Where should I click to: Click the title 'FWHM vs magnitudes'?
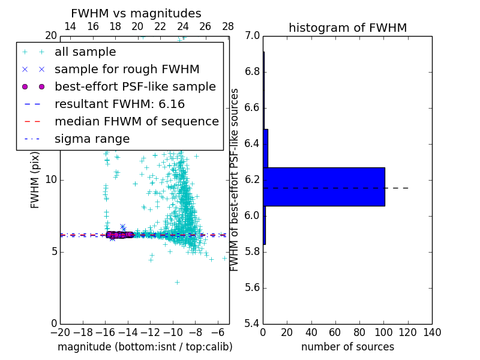[x=136, y=13]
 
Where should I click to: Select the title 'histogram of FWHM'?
[x=347, y=28]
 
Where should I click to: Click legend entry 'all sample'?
[x=85, y=52]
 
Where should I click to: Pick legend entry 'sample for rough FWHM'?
[x=127, y=69]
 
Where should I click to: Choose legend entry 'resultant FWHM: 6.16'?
[x=119, y=104]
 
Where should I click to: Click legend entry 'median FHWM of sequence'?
[x=136, y=121]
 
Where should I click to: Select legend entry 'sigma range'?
[x=92, y=139]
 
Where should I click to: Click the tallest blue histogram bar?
[x=323, y=187]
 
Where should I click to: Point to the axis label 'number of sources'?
[x=347, y=347]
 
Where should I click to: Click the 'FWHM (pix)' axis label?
[x=35, y=179]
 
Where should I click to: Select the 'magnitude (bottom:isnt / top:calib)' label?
[x=145, y=347]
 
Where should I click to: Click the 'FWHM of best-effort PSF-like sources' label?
[x=235, y=179]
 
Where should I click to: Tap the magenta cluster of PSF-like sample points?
[x=118, y=235]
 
